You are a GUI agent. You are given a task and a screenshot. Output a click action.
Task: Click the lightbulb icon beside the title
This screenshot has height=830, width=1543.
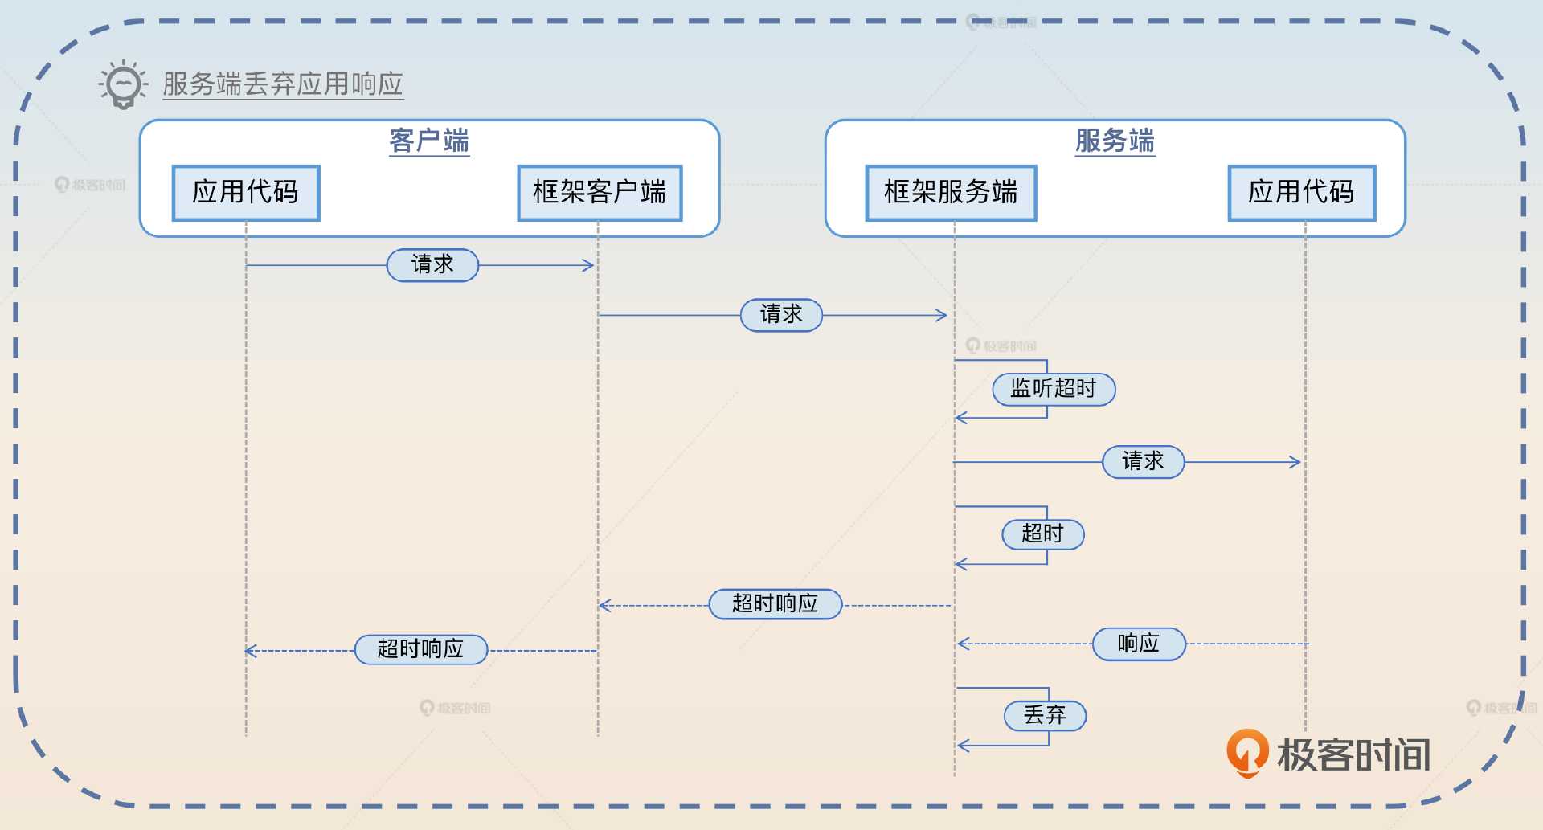click(123, 84)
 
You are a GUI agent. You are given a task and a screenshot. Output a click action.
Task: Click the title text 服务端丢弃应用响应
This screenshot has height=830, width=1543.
click(283, 84)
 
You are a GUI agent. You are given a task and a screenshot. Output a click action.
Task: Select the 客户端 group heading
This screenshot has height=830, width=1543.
click(429, 141)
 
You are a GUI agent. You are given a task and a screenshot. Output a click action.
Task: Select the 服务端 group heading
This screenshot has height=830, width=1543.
click(1115, 141)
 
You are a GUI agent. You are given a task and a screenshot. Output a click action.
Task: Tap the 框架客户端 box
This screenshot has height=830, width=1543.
click(600, 193)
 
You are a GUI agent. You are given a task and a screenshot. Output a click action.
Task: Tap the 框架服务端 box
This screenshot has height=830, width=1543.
click(951, 193)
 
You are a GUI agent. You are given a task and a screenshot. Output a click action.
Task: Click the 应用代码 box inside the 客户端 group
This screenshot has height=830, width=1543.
click(246, 193)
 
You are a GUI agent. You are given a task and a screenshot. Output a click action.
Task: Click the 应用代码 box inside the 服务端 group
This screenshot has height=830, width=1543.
click(1302, 193)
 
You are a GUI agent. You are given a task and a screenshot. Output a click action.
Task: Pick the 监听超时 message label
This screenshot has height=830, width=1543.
click(1054, 389)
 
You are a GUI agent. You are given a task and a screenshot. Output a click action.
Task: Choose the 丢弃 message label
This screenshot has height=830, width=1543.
click(1045, 715)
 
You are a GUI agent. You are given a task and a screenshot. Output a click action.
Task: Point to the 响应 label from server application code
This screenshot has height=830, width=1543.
click(1139, 644)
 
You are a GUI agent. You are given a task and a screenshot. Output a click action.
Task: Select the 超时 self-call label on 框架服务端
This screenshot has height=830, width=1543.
click(1042, 534)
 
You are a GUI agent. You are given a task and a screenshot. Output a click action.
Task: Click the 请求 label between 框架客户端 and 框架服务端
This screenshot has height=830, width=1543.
click(781, 314)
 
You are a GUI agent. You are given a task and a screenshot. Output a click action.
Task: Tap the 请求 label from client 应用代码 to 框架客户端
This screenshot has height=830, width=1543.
click(432, 264)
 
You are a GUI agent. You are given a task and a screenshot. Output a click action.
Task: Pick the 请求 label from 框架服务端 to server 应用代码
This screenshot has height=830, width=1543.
click(1143, 461)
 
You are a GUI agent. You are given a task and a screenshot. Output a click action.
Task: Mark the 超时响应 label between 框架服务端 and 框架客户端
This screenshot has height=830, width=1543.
click(775, 603)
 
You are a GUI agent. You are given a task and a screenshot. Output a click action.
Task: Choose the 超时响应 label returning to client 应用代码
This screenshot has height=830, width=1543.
click(421, 649)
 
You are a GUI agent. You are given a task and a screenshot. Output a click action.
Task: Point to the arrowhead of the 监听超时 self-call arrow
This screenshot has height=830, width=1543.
click(961, 418)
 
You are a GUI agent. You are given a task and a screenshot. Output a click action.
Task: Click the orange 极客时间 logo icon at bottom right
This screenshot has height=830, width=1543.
click(1246, 753)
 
